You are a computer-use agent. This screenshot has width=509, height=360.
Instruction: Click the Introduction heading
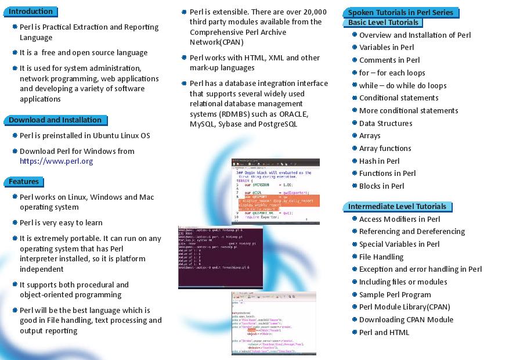(x=31, y=12)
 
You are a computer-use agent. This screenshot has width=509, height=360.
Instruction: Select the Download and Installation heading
(x=55, y=120)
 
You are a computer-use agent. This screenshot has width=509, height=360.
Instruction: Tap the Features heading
(x=24, y=182)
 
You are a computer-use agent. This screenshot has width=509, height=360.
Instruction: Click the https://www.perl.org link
(x=56, y=161)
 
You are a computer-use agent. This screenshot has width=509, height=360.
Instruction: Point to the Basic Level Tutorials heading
(x=383, y=23)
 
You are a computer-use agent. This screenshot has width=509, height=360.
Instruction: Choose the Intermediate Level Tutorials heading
(x=397, y=207)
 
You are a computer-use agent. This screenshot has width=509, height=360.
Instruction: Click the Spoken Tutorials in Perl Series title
(x=400, y=12)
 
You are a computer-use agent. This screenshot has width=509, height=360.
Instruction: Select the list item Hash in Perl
(x=379, y=161)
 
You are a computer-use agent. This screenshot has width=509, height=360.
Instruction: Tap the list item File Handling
(x=381, y=257)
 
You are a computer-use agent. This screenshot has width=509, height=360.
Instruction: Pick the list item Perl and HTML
(x=384, y=332)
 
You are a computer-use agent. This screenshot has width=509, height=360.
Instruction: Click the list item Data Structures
(x=386, y=123)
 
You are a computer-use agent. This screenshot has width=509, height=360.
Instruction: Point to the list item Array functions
(x=385, y=149)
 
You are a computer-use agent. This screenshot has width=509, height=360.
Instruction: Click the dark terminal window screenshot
(x=221, y=257)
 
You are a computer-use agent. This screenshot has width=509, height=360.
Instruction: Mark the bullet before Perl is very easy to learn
(x=15, y=223)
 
